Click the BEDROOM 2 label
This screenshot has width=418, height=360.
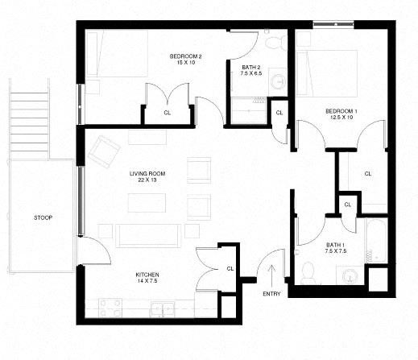pyautogui.click(x=185, y=56)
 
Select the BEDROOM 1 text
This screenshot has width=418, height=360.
pyautogui.click(x=341, y=110)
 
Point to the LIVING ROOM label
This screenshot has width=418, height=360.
pyautogui.click(x=147, y=173)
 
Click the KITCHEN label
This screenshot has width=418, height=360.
pyautogui.click(x=147, y=275)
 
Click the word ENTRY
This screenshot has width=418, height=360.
pyautogui.click(x=272, y=293)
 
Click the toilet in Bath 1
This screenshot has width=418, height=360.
pyautogui.click(x=308, y=273)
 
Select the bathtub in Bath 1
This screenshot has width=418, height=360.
pyautogui.click(x=375, y=239)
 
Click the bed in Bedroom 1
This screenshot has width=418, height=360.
pyautogui.click(x=328, y=72)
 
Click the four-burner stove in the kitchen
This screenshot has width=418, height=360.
pyautogui.click(x=110, y=307)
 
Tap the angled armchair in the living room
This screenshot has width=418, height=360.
pyautogui.click(x=105, y=150)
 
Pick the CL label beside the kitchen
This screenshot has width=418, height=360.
pyautogui.click(x=230, y=268)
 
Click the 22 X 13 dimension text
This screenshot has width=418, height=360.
pyautogui.click(x=147, y=181)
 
